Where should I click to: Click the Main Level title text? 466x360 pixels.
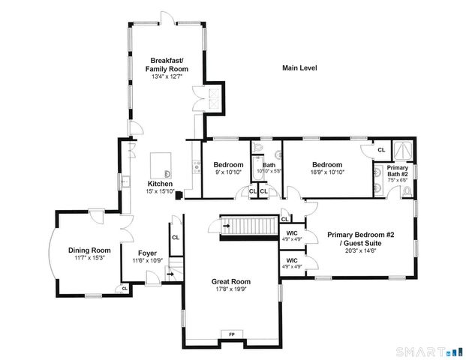click(x=299, y=68)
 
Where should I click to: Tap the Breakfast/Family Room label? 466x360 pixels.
click(x=167, y=64)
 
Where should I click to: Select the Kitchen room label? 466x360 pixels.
click(x=160, y=184)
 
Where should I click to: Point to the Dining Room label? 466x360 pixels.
click(x=89, y=250)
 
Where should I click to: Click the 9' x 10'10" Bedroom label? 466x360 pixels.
click(x=228, y=165)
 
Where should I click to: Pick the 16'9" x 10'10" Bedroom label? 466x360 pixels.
click(x=327, y=165)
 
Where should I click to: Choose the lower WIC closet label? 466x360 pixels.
click(x=292, y=263)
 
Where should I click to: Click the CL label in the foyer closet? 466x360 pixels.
click(x=176, y=238)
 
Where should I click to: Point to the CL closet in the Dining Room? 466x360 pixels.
click(x=125, y=288)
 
